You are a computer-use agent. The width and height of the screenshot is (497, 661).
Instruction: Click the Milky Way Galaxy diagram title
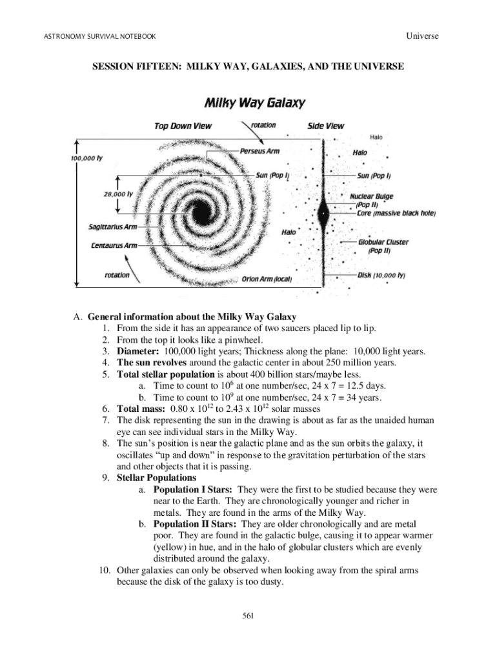tap(255, 103)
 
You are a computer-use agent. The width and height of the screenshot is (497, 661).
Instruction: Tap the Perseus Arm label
tap(259, 152)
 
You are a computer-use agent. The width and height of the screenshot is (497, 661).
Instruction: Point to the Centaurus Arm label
tap(114, 245)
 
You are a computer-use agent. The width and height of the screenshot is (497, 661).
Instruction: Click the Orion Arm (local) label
tap(267, 279)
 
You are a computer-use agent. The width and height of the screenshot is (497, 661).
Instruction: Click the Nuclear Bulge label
tap(371, 196)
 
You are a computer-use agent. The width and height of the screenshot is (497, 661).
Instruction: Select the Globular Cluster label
tap(383, 242)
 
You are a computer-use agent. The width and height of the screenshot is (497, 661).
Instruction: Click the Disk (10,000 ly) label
tap(381, 275)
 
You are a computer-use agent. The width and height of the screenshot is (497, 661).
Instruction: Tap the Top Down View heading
tap(183, 126)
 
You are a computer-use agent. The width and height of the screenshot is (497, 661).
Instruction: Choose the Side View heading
tap(325, 126)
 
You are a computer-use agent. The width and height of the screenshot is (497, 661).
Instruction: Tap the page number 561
tap(249, 616)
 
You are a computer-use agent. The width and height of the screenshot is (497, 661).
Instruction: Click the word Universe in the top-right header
tap(422, 36)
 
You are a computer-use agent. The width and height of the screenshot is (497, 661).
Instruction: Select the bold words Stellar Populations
tap(156, 478)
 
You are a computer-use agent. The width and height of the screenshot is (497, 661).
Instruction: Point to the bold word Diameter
tap(139, 351)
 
